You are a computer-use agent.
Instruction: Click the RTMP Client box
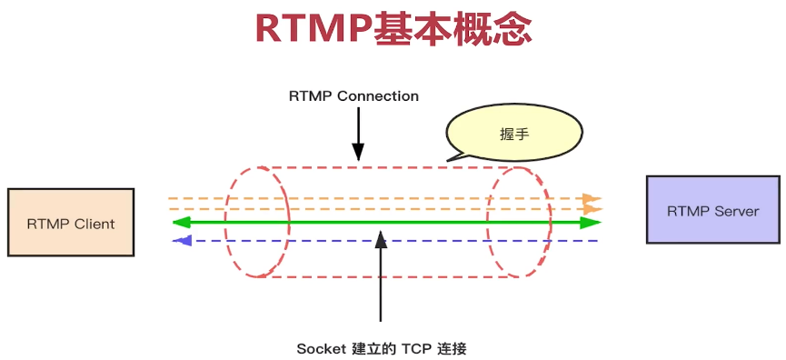pos(70,222)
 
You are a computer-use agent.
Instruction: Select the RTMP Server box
pos(712,210)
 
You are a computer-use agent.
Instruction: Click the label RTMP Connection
pos(353,95)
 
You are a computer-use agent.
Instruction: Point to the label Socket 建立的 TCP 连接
pos(382,348)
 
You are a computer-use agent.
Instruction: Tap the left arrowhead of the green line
pos(181,223)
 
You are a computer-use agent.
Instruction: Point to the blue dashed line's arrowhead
pos(184,241)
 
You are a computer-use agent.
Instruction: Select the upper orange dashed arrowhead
pos(592,197)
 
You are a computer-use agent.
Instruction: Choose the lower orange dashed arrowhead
pos(592,209)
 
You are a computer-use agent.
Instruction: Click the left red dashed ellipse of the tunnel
pos(259,222)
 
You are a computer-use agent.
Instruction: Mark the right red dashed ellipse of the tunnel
pos(519,222)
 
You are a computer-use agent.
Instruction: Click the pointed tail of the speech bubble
pos(452,159)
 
